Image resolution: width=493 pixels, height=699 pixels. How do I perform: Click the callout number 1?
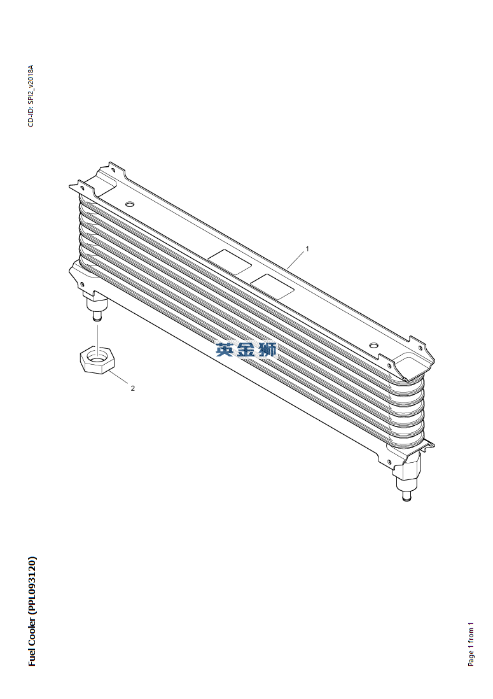point(307,249)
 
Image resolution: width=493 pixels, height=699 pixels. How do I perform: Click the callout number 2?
point(133,388)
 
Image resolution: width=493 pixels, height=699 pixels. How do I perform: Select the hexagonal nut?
point(97,360)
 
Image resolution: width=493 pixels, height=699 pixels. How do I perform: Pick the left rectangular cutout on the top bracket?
point(231,262)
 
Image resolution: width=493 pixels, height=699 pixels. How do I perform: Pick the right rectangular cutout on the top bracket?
point(272,286)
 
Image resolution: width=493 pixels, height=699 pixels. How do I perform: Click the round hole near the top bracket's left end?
point(130,204)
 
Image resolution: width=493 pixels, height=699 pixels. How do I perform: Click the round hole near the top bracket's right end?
point(374,345)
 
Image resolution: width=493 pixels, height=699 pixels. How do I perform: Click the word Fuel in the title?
point(32,656)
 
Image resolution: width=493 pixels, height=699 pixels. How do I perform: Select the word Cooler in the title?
point(32,630)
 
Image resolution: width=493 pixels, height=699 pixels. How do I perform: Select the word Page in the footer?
point(471,658)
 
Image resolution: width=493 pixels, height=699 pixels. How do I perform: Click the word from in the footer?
point(471,636)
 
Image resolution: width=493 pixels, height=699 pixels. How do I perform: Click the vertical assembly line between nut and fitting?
point(97,335)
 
